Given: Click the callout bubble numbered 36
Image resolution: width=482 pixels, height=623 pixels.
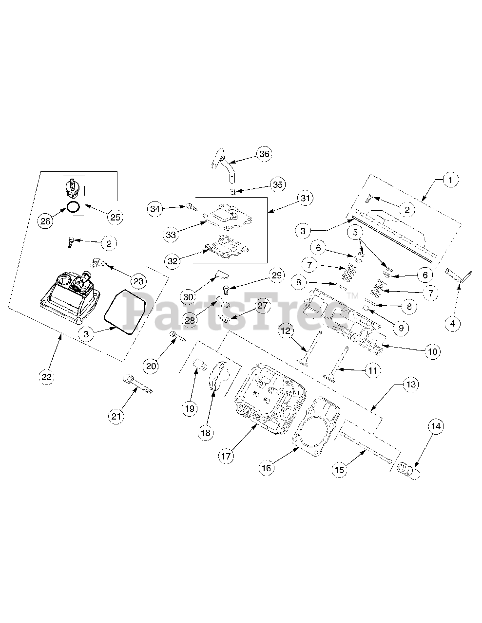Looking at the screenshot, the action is [x=264, y=154].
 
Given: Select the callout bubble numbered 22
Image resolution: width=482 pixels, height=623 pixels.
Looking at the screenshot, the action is [x=47, y=376].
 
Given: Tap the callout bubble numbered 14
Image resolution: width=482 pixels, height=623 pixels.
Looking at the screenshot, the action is [x=436, y=426].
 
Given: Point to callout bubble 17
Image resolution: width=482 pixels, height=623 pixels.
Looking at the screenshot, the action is [x=227, y=456].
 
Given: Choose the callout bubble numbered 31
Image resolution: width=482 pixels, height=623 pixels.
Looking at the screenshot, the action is [x=306, y=198].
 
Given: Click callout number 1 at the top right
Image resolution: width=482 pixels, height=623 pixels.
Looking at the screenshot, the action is [x=450, y=180].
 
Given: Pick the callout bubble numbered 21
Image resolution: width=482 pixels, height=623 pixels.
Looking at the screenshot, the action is [x=116, y=416].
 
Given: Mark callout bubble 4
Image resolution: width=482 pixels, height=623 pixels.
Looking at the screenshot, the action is [x=453, y=323].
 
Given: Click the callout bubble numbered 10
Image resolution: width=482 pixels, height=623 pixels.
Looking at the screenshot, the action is [x=432, y=351].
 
